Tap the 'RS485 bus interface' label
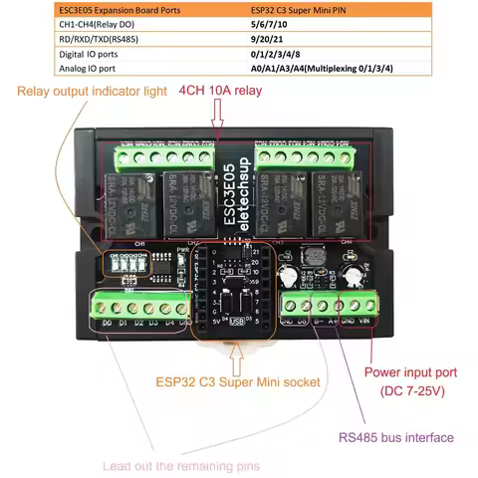click(395, 437)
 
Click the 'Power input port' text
click(411, 372)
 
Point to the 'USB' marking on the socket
click(236, 322)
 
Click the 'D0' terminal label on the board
click(105, 322)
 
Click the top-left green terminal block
click(163, 156)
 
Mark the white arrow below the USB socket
click(236, 349)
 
